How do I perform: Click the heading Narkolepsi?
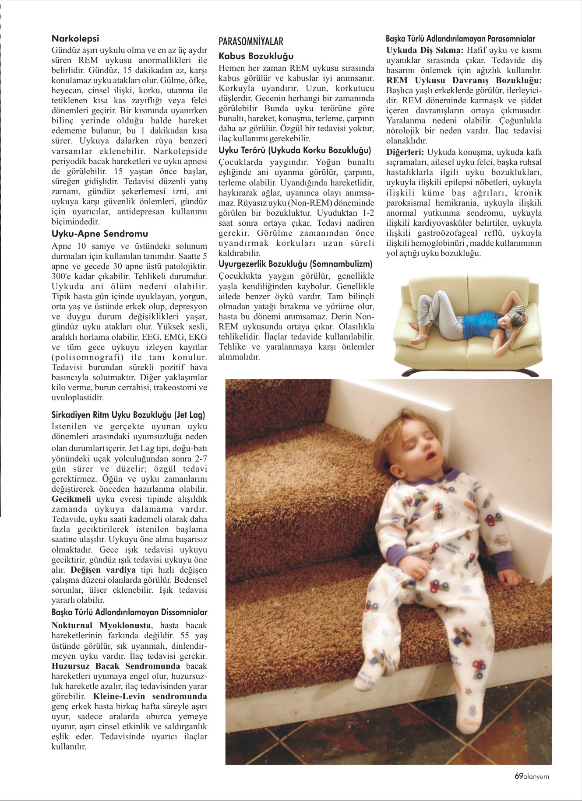(75, 39)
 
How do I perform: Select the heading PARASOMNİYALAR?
(251, 42)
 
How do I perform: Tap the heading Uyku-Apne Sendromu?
(100, 234)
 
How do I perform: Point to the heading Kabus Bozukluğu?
(256, 56)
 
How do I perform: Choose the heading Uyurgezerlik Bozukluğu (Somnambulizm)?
(295, 264)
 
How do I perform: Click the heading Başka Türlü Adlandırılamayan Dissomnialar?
(130, 612)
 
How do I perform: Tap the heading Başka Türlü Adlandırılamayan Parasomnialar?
(460, 39)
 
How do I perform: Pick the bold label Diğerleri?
(405, 152)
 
